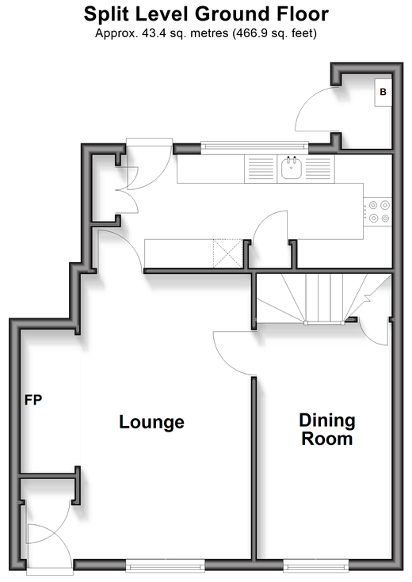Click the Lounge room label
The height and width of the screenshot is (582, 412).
pyautogui.click(x=151, y=422)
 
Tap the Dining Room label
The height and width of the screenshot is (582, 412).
pyautogui.click(x=327, y=429)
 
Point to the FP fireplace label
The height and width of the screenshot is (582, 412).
pyautogui.click(x=33, y=400)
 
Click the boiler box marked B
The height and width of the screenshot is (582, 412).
pyautogui.click(x=383, y=93)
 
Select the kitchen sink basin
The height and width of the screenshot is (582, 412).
pyautogui.click(x=292, y=168)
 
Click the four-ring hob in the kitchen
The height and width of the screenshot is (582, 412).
pyautogui.click(x=377, y=211)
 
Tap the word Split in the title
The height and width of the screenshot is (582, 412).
pyautogui.click(x=106, y=14)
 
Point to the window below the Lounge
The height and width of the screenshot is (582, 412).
pyautogui.click(x=166, y=566)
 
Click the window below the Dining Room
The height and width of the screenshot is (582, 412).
pyautogui.click(x=316, y=566)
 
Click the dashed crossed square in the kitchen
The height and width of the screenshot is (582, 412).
pyautogui.click(x=227, y=253)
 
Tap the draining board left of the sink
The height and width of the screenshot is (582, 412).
pyautogui.click(x=261, y=169)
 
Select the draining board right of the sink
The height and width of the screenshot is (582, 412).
pyautogui.click(x=318, y=169)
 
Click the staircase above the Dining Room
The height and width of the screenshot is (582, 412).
pyautogui.click(x=323, y=299)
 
